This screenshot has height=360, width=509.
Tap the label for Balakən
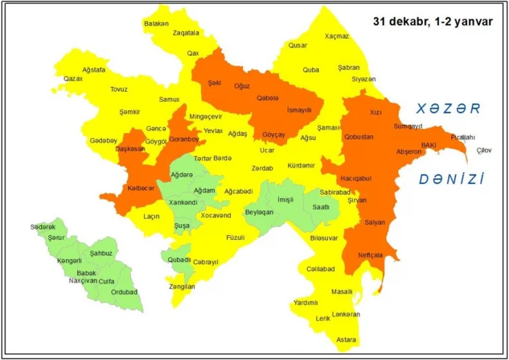(156, 23)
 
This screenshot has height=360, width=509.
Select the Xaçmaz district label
(337, 36)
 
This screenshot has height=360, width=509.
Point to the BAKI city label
(429, 145)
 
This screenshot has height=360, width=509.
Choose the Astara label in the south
(347, 339)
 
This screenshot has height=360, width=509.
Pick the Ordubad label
(125, 292)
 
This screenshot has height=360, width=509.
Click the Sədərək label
(43, 226)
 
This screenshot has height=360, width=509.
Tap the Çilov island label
(484, 149)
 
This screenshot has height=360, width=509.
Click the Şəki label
(215, 83)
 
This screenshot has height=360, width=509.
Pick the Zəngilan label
(182, 287)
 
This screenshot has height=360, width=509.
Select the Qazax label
(73, 79)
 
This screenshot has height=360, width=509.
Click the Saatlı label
(321, 207)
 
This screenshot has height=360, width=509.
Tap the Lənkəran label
(347, 314)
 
